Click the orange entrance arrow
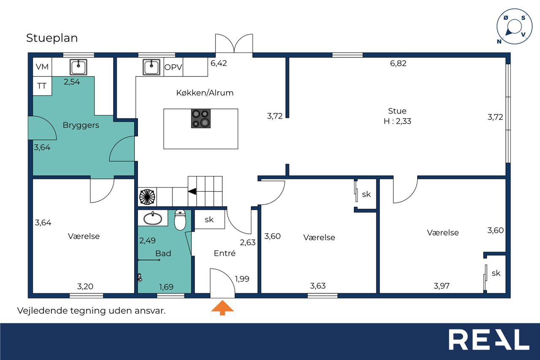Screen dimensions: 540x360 [x=222, y=308]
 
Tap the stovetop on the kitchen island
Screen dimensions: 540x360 [x=200, y=119]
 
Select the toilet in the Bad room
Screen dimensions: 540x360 [x=180, y=219]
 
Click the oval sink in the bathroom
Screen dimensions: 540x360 [x=153, y=218]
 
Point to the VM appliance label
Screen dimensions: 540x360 [x=42, y=67]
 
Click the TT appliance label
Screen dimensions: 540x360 [x=42, y=86]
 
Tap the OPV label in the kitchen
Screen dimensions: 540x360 [x=173, y=67]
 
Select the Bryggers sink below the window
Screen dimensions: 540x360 [x=78, y=67]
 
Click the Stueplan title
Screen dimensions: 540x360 [x=52, y=38]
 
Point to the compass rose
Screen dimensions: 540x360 [x=514, y=27]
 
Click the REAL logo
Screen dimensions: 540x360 [x=489, y=339]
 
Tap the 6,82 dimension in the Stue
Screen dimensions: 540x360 [x=398, y=63]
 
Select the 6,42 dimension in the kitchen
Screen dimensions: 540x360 [x=219, y=63]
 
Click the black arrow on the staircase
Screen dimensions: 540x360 [x=192, y=192]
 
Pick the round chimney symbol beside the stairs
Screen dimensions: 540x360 [x=147, y=197]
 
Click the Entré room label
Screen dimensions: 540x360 [x=225, y=253]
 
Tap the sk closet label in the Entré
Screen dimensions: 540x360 [x=209, y=219]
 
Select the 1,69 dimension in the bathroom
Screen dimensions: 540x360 [x=166, y=287]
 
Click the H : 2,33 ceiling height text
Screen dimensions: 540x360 [x=397, y=121]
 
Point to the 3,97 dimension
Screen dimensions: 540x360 [x=442, y=286]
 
